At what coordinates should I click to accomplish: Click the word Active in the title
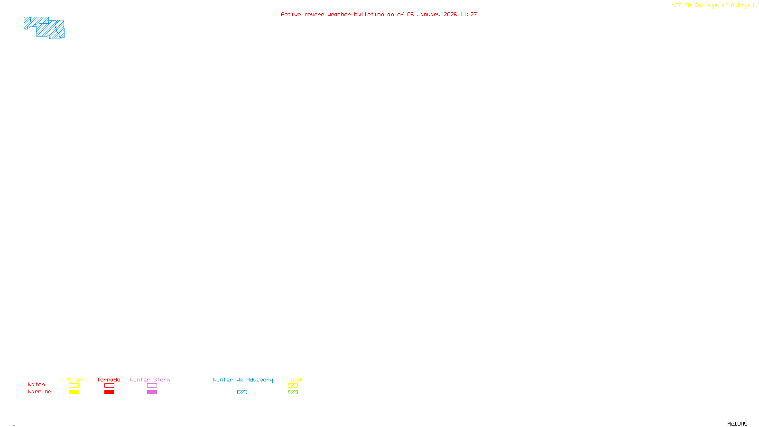point(291,14)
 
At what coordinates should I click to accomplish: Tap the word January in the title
point(429,14)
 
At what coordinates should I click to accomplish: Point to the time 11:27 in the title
point(469,14)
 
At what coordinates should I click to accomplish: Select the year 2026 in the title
point(450,14)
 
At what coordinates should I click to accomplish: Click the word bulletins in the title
point(369,14)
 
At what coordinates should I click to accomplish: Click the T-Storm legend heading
point(73,380)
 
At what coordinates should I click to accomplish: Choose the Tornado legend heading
point(109,380)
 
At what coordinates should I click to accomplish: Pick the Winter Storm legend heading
point(150,380)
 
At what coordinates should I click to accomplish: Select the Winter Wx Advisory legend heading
point(243,380)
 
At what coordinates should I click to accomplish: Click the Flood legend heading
point(293,380)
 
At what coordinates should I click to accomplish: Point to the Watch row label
point(37,384)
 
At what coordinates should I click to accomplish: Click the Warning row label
point(40,392)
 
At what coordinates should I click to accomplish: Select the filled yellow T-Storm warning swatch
point(74,392)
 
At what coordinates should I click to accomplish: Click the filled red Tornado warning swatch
point(109,392)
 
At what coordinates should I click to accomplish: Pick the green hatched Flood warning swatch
point(293,392)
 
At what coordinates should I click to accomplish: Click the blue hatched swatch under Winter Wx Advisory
point(242,392)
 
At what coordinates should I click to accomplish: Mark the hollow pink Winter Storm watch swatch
point(152,386)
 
